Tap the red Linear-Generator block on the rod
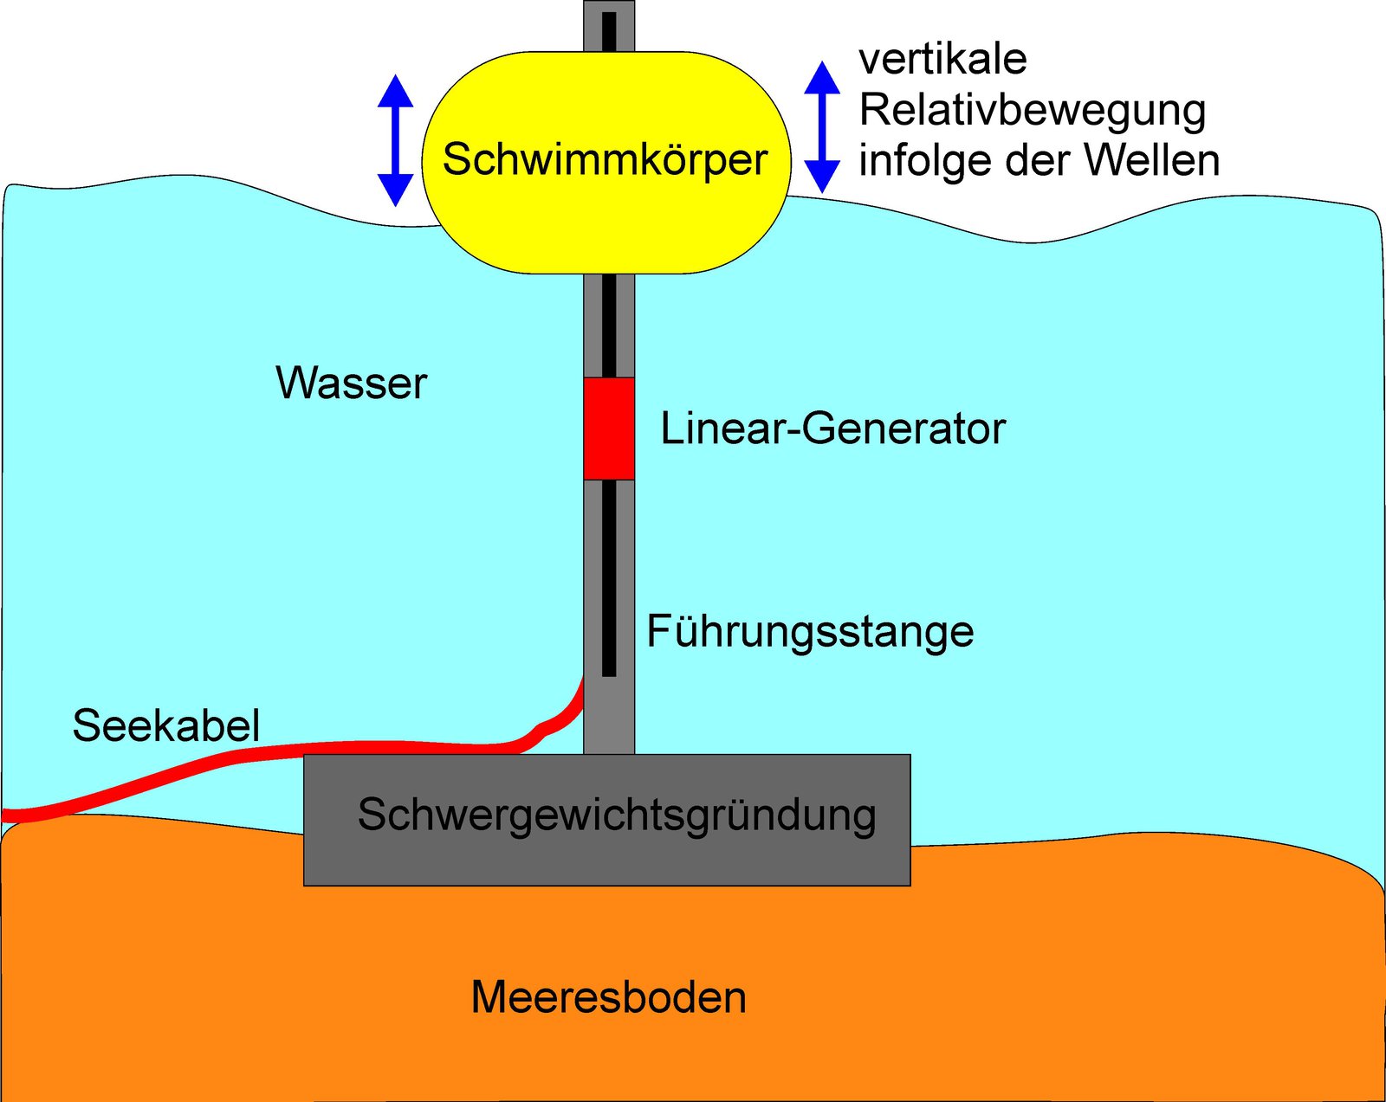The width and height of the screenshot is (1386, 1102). click(609, 429)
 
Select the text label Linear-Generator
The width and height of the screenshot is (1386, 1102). click(832, 429)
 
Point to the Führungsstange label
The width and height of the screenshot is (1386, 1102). click(810, 631)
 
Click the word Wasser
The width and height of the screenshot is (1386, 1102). click(351, 383)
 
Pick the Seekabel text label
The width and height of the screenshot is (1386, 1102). click(165, 725)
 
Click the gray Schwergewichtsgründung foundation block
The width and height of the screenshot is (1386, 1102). click(606, 857)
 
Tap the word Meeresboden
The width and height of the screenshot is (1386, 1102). click(608, 997)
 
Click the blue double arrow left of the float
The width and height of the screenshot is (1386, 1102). click(395, 140)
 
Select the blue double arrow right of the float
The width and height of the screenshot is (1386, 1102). click(822, 127)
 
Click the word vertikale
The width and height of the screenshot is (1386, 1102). click(942, 60)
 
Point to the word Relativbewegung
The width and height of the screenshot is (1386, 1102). click(1032, 111)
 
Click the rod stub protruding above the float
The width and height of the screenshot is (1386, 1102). click(609, 26)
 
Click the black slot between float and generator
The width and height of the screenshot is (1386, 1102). click(609, 325)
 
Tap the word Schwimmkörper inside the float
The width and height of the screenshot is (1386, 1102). click(605, 160)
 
